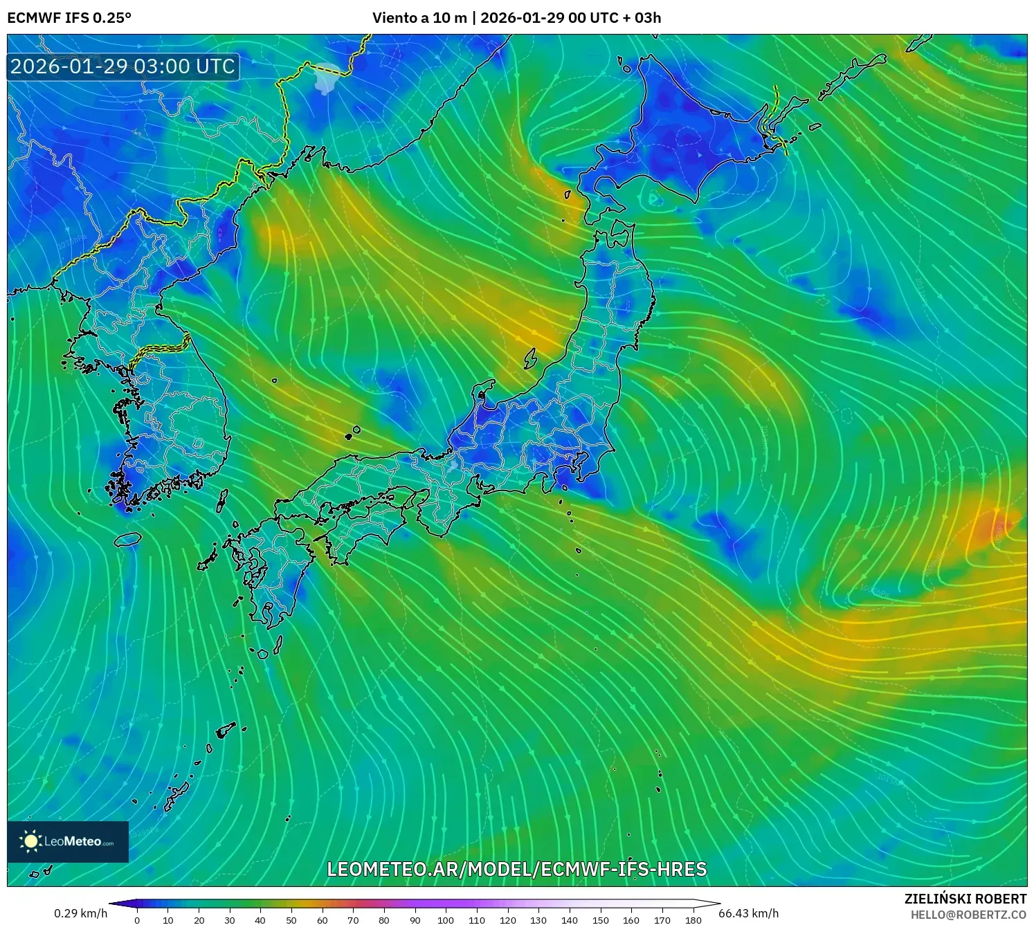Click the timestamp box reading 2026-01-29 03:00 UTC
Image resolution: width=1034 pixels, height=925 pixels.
tap(123, 66)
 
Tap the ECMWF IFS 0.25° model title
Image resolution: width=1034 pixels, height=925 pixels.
tap(69, 18)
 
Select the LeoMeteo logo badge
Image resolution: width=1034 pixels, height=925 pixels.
tap(68, 841)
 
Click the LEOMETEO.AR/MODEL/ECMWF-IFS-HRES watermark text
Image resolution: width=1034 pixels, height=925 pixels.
tap(516, 869)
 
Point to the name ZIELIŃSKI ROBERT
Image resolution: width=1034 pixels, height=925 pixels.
tap(965, 899)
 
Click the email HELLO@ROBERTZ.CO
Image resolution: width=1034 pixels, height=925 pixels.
tap(968, 915)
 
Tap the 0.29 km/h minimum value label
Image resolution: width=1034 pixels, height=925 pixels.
tap(80, 913)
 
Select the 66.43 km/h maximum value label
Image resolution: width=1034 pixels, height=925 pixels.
tap(748, 913)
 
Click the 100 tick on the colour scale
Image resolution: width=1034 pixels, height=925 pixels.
tap(446, 920)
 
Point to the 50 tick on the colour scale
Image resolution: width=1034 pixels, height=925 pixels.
tap(291, 920)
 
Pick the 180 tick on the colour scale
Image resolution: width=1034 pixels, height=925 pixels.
tap(693, 920)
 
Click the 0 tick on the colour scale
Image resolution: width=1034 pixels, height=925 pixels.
tap(137, 920)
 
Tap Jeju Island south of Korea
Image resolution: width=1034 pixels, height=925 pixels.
tap(128, 538)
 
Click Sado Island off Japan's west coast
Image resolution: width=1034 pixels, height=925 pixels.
tap(530, 358)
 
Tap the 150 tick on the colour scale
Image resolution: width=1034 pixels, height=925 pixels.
tap(600, 920)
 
